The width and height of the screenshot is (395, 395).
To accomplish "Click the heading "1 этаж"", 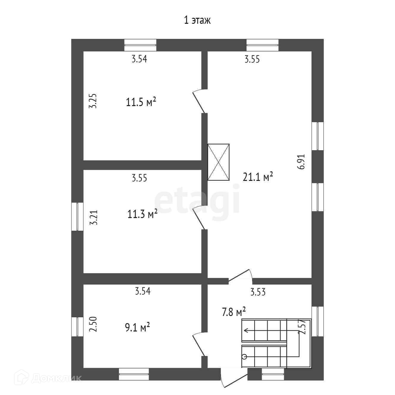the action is coord(197,20).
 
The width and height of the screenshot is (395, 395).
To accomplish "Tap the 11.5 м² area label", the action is coord(141,102).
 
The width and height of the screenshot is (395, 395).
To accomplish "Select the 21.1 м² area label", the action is coord(258,177).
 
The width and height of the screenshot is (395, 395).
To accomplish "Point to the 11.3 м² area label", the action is coord(142,214).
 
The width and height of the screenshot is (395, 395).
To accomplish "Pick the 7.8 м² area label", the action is coord(234,312).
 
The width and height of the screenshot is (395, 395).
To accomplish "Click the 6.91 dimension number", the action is coord(302,162).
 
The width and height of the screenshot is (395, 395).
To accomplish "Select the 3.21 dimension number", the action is coord(94,218).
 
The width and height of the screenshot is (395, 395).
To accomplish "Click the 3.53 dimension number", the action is coord(258,292).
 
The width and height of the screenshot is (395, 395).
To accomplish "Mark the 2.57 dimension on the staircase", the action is coord(303,327).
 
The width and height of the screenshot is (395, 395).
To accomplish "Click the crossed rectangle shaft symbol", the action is coord(219,162).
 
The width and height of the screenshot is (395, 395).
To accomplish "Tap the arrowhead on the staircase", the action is coord(245,330).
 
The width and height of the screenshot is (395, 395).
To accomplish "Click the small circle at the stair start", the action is coord(244,357).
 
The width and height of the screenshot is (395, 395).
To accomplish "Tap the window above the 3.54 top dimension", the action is coord(140,45).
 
